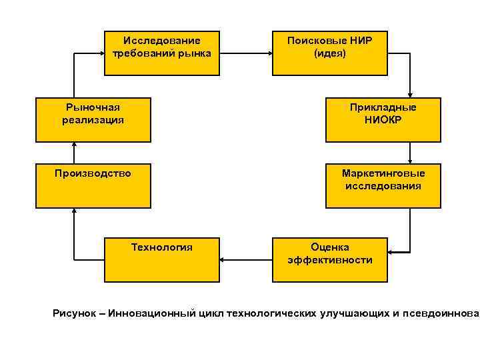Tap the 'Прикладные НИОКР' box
point(383,120)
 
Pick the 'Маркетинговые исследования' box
point(383,185)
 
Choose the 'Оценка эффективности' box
point(329,259)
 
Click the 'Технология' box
point(162,259)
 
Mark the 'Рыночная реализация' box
point(93,120)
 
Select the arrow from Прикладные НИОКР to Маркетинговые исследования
point(410,153)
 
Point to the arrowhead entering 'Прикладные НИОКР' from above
point(410,95)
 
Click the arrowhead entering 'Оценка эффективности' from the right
point(391,253)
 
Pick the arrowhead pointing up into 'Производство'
point(74,212)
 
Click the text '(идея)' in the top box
point(329,53)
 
